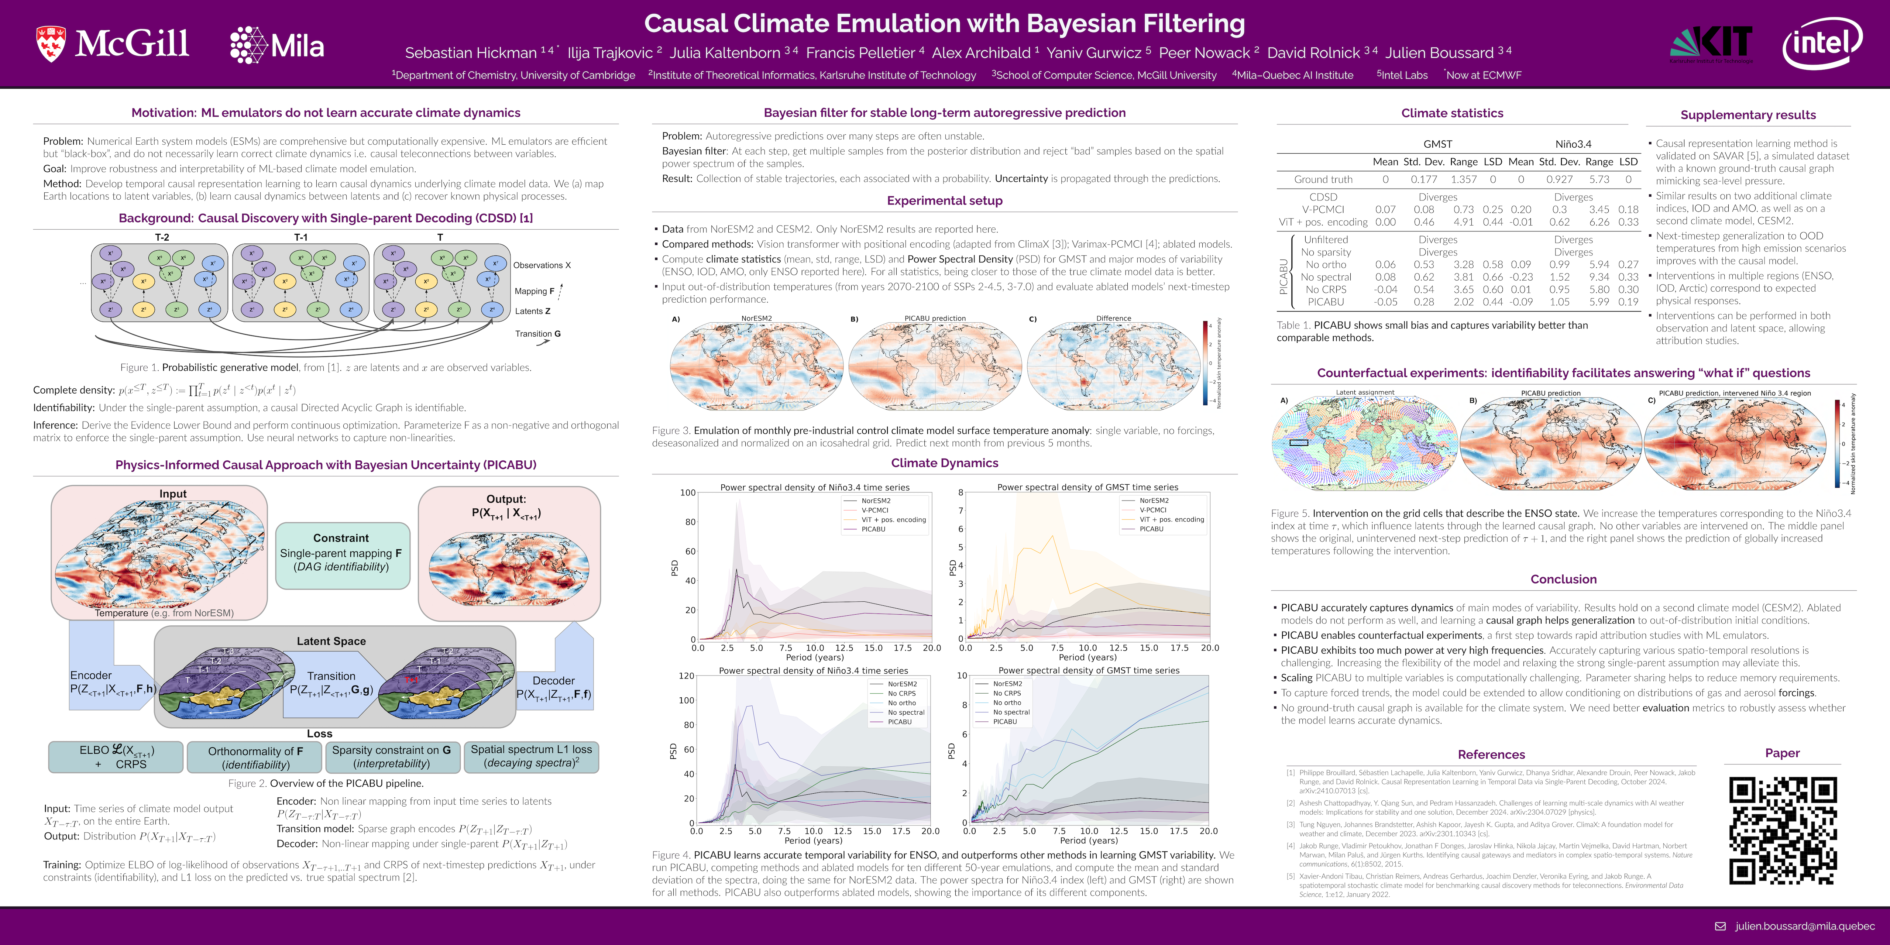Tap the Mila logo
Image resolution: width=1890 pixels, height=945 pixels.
click(x=277, y=45)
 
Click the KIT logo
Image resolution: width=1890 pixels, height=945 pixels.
click(x=1712, y=44)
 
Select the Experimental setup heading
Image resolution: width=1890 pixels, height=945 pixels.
click(x=944, y=200)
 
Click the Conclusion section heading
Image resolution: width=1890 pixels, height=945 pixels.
click(x=1564, y=579)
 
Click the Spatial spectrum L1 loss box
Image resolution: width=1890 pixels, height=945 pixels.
click(x=531, y=756)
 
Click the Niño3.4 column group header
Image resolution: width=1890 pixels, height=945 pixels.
click(x=1573, y=144)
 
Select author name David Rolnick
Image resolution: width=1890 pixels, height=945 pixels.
click(x=1313, y=53)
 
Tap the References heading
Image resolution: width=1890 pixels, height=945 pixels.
click(x=1491, y=754)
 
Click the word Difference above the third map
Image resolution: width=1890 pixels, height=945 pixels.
click(x=1113, y=319)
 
